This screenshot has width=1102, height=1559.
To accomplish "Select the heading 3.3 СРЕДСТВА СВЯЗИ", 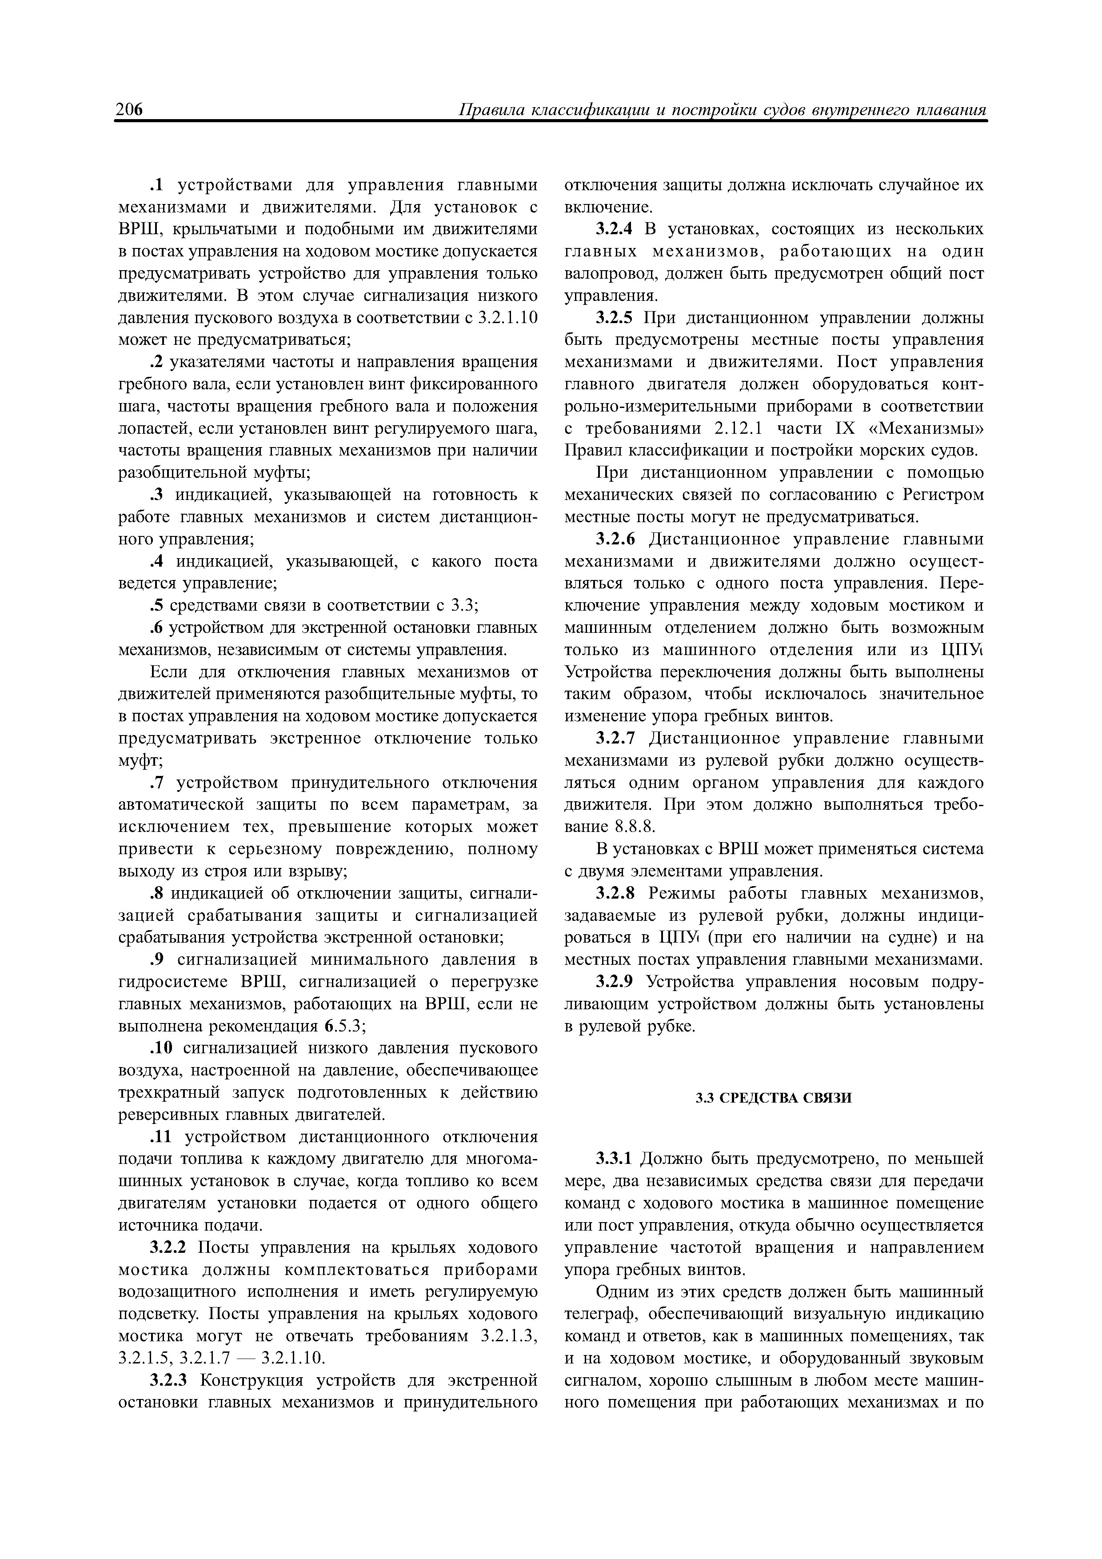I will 773,1098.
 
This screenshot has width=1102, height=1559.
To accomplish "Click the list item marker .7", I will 158,783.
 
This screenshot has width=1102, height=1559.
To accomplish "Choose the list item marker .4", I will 158,562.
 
